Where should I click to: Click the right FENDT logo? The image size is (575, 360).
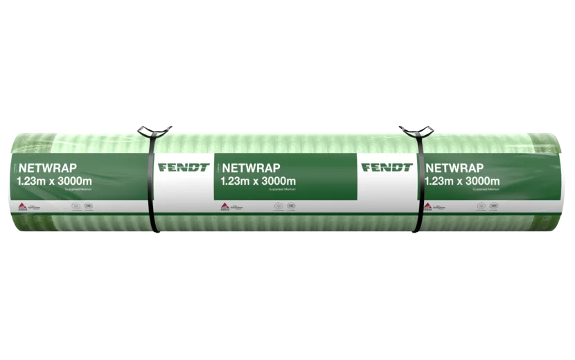click(x=387, y=167)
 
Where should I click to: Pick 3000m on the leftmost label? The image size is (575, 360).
click(x=79, y=181)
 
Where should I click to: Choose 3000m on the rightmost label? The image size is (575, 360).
click(x=486, y=181)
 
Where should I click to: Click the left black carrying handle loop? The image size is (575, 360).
click(x=154, y=128)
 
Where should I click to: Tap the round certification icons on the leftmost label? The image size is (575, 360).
click(x=80, y=206)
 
